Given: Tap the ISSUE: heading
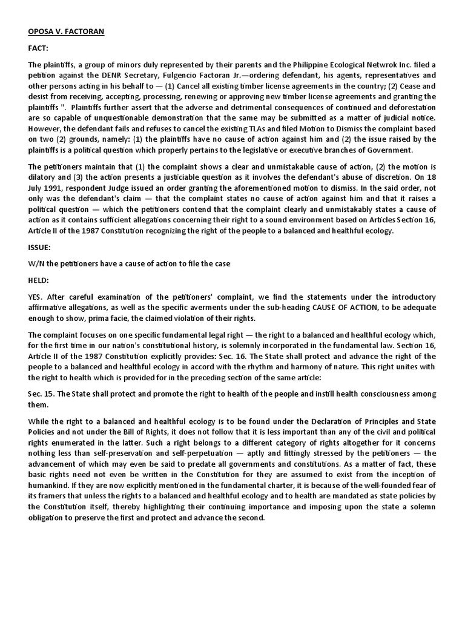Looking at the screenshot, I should tap(41, 246).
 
